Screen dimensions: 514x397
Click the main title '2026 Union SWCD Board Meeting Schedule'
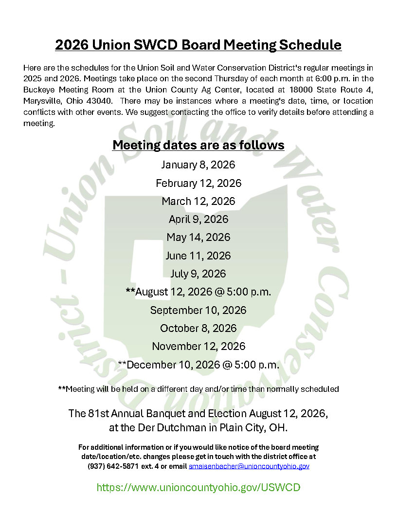(198, 45)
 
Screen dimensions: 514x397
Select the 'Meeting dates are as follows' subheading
(198, 145)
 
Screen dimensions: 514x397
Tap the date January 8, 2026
(198, 165)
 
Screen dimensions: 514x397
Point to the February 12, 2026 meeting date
(198, 183)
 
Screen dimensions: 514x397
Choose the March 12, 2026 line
(198, 201)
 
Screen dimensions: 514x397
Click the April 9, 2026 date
(198, 220)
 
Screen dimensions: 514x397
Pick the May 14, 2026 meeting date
(198, 238)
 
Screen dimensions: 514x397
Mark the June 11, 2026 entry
(198, 256)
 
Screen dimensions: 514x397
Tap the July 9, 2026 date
(198, 274)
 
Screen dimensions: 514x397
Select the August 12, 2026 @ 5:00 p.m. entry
(198, 292)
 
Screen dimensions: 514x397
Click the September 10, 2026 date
(198, 310)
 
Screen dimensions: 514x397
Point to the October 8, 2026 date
(198, 328)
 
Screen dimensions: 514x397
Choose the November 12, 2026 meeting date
(198, 347)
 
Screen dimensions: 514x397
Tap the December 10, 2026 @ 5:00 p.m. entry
(198, 365)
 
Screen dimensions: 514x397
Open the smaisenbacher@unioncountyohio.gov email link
(249, 466)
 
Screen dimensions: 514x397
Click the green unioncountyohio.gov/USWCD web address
(198, 487)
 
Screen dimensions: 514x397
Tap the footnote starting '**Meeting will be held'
(198, 389)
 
